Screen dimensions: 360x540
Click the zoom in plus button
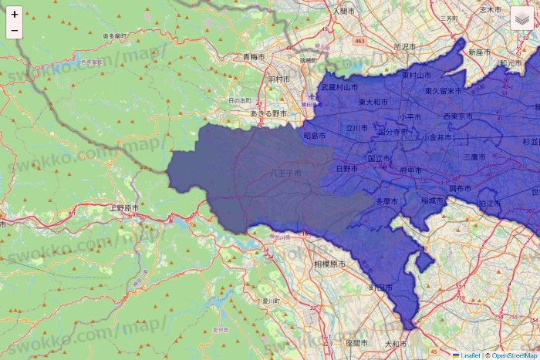pos(15,15)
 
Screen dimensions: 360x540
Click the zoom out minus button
pos(15,31)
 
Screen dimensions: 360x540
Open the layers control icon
pos(522,19)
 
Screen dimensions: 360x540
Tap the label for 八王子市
pos(285,175)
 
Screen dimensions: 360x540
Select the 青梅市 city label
pos(253,57)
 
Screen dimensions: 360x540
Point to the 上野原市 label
pos(123,208)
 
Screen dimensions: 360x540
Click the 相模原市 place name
pos(329,264)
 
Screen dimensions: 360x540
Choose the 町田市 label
pos(380,288)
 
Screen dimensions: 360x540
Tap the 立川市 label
pos(358,129)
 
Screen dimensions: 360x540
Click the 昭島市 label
pos(315,136)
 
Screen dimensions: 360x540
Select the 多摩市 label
pos(386,200)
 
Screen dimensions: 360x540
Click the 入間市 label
pos(342,12)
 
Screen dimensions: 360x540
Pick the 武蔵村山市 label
pos(339,87)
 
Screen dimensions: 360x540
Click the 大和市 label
pos(394,343)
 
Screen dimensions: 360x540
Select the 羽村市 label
pos(278,79)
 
